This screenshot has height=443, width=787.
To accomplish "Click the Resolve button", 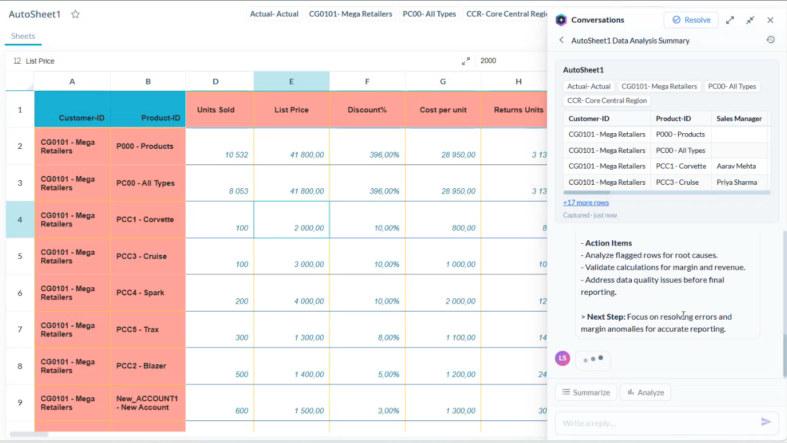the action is point(691,20).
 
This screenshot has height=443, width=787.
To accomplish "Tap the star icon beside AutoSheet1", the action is point(75,14).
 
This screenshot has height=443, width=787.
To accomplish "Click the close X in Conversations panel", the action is point(770,20).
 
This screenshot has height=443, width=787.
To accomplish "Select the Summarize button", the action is point(586,392).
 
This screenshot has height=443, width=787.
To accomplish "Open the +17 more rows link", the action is point(585,203).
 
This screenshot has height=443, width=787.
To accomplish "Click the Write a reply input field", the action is point(657,423).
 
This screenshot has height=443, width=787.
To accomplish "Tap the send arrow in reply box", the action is point(766,422).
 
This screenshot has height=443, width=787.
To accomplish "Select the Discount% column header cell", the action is point(367,109).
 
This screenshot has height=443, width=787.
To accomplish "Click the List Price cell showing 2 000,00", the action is point(292,219).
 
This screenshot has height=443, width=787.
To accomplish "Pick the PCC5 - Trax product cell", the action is point(148,329).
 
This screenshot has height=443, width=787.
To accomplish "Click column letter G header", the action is point(442,82).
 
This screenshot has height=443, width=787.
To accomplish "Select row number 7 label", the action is point(20,329).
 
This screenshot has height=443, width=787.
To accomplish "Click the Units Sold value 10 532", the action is point(236,155).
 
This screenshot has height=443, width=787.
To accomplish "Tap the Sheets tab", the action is point(23,36).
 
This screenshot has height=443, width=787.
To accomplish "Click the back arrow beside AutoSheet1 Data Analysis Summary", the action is point(562,41).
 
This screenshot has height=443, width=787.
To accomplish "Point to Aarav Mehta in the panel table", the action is point(736,166).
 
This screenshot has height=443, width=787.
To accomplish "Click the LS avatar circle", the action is point(562,358).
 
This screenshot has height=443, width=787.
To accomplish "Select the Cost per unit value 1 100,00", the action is point(460,338).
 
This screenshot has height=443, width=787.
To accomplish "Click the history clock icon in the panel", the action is point(770,40).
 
